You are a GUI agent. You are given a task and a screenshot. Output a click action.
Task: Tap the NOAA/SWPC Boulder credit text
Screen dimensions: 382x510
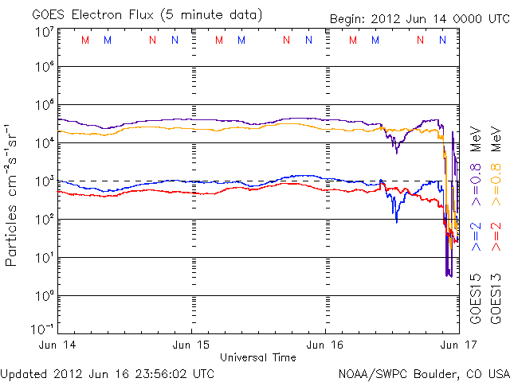(423, 372)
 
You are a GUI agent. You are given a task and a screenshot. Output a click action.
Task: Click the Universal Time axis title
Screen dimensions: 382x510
(258, 357)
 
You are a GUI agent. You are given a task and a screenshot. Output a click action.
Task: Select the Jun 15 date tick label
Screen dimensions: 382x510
(192, 345)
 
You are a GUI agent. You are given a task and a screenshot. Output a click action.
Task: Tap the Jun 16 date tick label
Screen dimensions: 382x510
(326, 345)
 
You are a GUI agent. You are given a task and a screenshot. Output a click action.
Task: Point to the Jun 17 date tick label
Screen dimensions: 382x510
(458, 345)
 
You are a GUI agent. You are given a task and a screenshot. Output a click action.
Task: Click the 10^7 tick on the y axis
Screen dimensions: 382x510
(44, 32)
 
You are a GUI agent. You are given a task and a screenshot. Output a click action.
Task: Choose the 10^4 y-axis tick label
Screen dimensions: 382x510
(44, 143)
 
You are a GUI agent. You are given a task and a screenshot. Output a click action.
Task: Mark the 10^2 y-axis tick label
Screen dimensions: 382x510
(44, 220)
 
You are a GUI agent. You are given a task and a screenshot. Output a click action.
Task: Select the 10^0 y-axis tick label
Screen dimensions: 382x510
(44, 296)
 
